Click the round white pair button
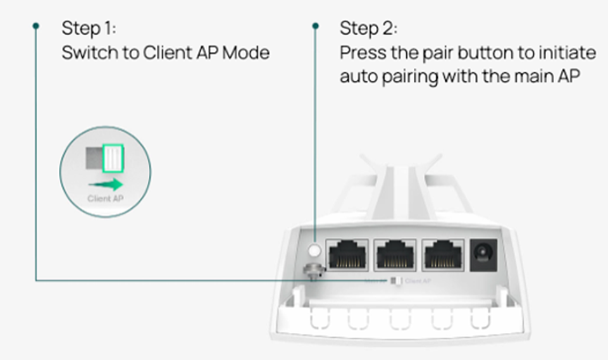(x=316, y=251)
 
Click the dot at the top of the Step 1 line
(x=36, y=26)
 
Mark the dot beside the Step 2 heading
(x=316, y=26)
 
